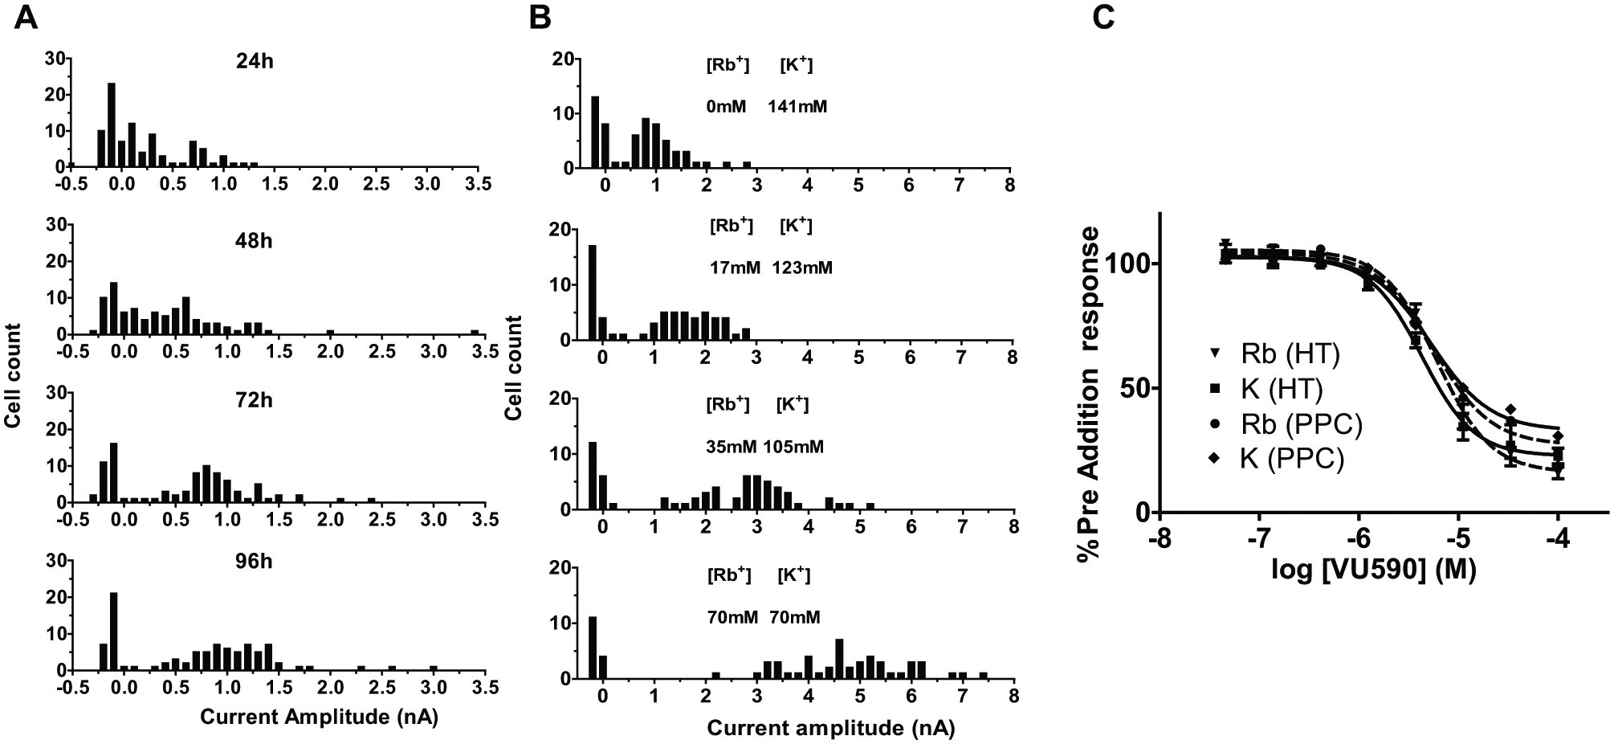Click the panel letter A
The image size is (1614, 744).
tap(26, 17)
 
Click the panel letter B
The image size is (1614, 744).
tap(540, 17)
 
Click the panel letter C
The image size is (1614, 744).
tap(1105, 17)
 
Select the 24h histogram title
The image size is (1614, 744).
tap(255, 60)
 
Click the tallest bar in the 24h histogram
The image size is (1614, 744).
tap(112, 125)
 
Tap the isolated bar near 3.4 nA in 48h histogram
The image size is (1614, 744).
tap(475, 332)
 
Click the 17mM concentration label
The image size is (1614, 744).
tap(735, 268)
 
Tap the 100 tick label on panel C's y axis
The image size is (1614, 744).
tap(1127, 264)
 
